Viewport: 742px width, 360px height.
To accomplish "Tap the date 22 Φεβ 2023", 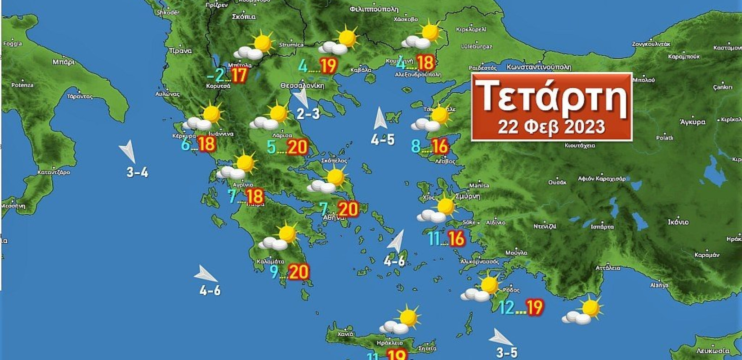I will [551, 127].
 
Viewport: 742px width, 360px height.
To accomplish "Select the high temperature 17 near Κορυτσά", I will [239, 75].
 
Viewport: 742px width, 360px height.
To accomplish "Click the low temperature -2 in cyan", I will [219, 75].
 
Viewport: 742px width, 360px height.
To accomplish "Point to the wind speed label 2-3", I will [308, 114].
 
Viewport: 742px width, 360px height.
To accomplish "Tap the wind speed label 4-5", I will [383, 140].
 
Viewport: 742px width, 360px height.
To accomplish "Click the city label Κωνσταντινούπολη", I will [539, 67].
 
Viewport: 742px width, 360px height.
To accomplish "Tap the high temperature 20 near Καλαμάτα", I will [299, 272].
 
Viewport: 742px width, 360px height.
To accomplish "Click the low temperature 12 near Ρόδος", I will [506, 308].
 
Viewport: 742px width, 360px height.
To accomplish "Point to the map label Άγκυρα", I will [693, 121].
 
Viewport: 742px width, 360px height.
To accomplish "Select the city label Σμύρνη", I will [468, 197].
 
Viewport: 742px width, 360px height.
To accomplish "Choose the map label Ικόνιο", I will [678, 222].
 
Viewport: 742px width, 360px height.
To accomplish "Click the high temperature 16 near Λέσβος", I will [440, 146].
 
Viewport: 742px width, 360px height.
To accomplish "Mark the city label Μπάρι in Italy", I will [63, 62].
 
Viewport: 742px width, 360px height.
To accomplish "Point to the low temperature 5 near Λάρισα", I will [272, 147].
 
